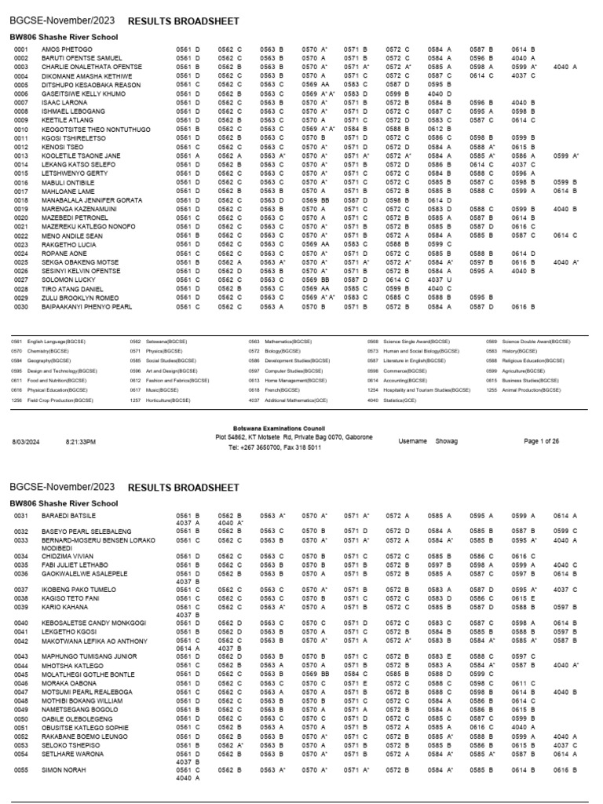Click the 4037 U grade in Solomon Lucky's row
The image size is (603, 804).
tap(440, 279)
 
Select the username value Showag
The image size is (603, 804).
tap(448, 442)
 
